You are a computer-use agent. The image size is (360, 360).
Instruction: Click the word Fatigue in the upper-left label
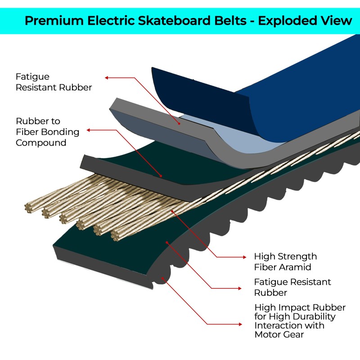coord(32,77)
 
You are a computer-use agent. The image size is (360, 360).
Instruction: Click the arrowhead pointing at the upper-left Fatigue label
coord(107,77)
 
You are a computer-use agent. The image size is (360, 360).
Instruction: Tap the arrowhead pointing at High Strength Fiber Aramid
coord(244,257)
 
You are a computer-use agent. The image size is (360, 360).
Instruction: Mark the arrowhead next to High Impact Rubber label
coord(244,324)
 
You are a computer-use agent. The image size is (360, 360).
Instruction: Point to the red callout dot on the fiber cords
coord(172,210)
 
